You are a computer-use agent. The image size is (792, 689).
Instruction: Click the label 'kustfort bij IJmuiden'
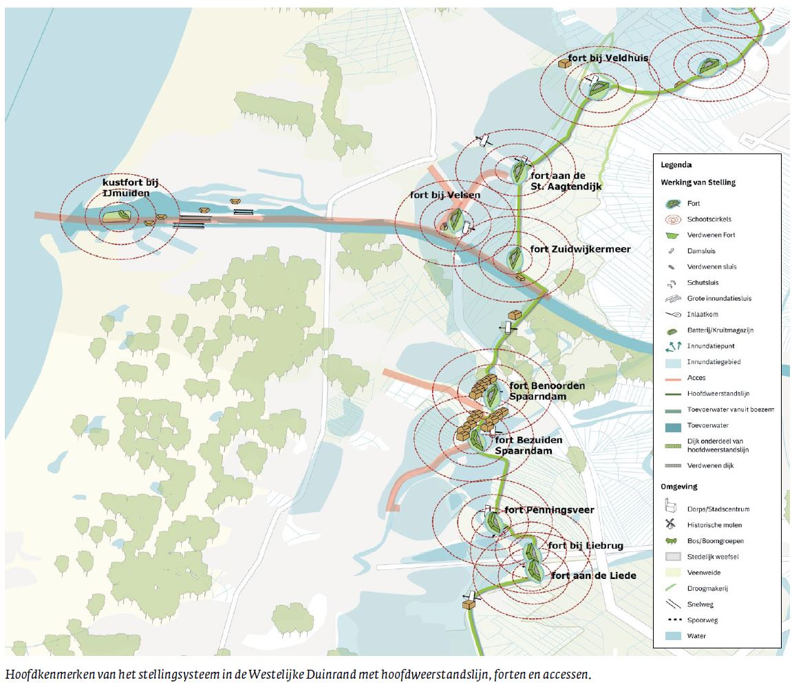(x=131, y=189)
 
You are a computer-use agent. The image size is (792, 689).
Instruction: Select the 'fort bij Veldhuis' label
(x=608, y=59)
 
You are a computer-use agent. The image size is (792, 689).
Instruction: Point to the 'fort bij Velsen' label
(x=445, y=195)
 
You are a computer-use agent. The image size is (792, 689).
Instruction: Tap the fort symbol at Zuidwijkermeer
(x=515, y=258)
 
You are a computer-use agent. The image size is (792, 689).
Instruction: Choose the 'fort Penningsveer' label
(x=548, y=510)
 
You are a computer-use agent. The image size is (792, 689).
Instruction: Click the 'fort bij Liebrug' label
(x=585, y=546)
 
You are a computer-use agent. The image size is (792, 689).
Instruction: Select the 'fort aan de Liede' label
(x=592, y=575)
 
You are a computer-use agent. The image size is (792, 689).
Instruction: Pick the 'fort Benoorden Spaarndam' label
(x=547, y=390)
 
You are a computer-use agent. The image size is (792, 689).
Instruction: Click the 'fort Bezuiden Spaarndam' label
(x=528, y=445)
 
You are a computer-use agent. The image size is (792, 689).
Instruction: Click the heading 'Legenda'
(x=676, y=165)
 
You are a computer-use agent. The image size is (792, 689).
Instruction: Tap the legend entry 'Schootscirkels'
(x=708, y=219)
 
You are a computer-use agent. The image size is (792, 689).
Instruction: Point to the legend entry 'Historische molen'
(x=715, y=525)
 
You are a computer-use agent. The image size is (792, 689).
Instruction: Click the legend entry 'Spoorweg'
(x=703, y=620)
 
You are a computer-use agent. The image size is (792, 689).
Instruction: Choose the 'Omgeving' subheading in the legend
(x=679, y=487)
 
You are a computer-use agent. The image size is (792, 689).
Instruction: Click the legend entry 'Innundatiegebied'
(x=714, y=361)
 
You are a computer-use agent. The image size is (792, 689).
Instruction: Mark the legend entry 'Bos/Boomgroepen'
(x=714, y=541)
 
